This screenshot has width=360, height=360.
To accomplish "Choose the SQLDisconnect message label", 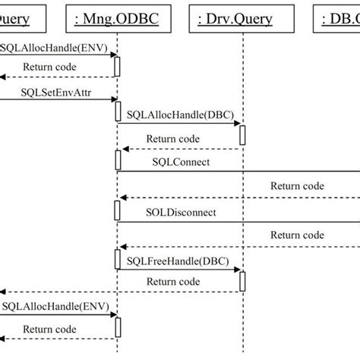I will pyautogui.click(x=181, y=212).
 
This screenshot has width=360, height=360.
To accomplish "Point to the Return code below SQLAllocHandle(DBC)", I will pyautogui.click(x=173, y=138).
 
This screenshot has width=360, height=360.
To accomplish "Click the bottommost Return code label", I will pyautogui.click(x=49, y=329).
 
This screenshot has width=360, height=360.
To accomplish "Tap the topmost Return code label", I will pyautogui.click(x=49, y=66).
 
